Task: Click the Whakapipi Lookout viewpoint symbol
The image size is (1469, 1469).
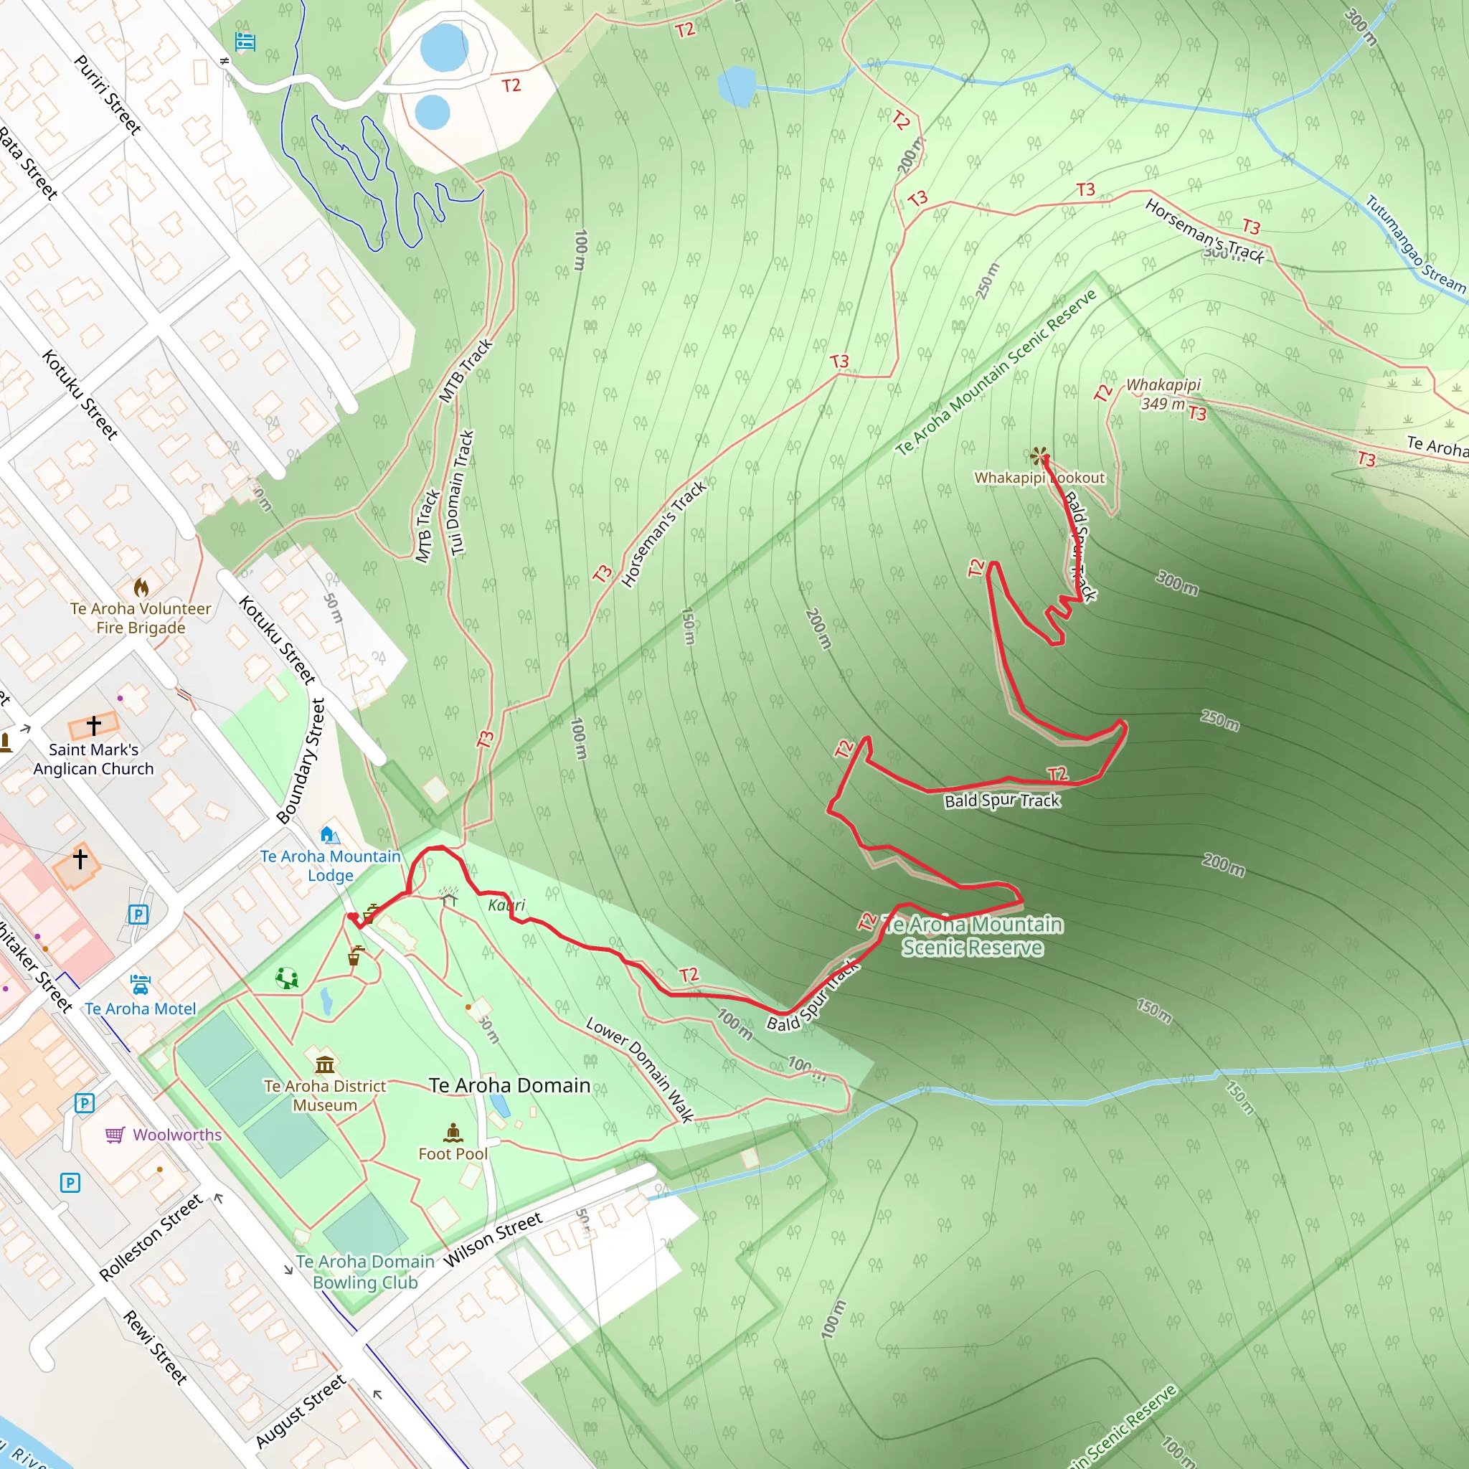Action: (1039, 455)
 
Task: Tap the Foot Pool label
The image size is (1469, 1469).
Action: (453, 1153)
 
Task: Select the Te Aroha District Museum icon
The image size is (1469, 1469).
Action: (325, 1063)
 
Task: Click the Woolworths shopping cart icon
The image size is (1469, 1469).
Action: (115, 1135)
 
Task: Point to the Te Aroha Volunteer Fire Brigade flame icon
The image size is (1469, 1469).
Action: (141, 587)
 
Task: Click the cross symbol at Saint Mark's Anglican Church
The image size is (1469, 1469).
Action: (93, 724)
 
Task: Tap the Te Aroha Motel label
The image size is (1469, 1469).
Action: (141, 1009)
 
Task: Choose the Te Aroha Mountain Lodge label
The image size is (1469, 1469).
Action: (330, 865)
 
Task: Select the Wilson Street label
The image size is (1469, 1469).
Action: (493, 1239)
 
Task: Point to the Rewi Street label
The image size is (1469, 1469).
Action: (155, 1346)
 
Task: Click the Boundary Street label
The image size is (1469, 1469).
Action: (301, 760)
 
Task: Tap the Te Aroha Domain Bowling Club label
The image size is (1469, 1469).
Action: (365, 1271)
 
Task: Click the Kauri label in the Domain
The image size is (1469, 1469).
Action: (506, 904)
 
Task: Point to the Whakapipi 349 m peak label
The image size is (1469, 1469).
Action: (1163, 394)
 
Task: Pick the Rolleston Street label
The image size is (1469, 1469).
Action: (151, 1237)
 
